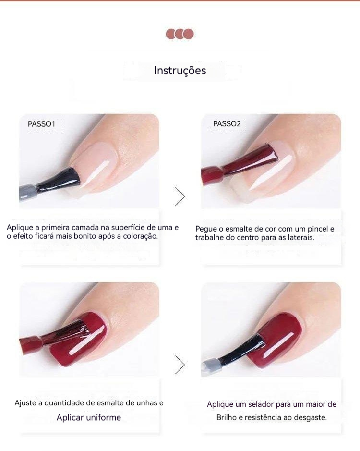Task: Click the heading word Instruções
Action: [180, 71]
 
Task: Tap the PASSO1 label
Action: [41, 124]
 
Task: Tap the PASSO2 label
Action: [227, 124]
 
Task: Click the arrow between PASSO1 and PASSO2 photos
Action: [180, 197]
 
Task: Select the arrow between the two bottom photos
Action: [180, 365]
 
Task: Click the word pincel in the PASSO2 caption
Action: [317, 229]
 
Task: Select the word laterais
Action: [300, 238]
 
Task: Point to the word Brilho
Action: [226, 418]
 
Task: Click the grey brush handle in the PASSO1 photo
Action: [28, 191]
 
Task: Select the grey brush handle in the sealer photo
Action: [212, 366]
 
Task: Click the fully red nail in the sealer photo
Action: [275, 339]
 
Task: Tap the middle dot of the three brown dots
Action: [180, 34]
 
